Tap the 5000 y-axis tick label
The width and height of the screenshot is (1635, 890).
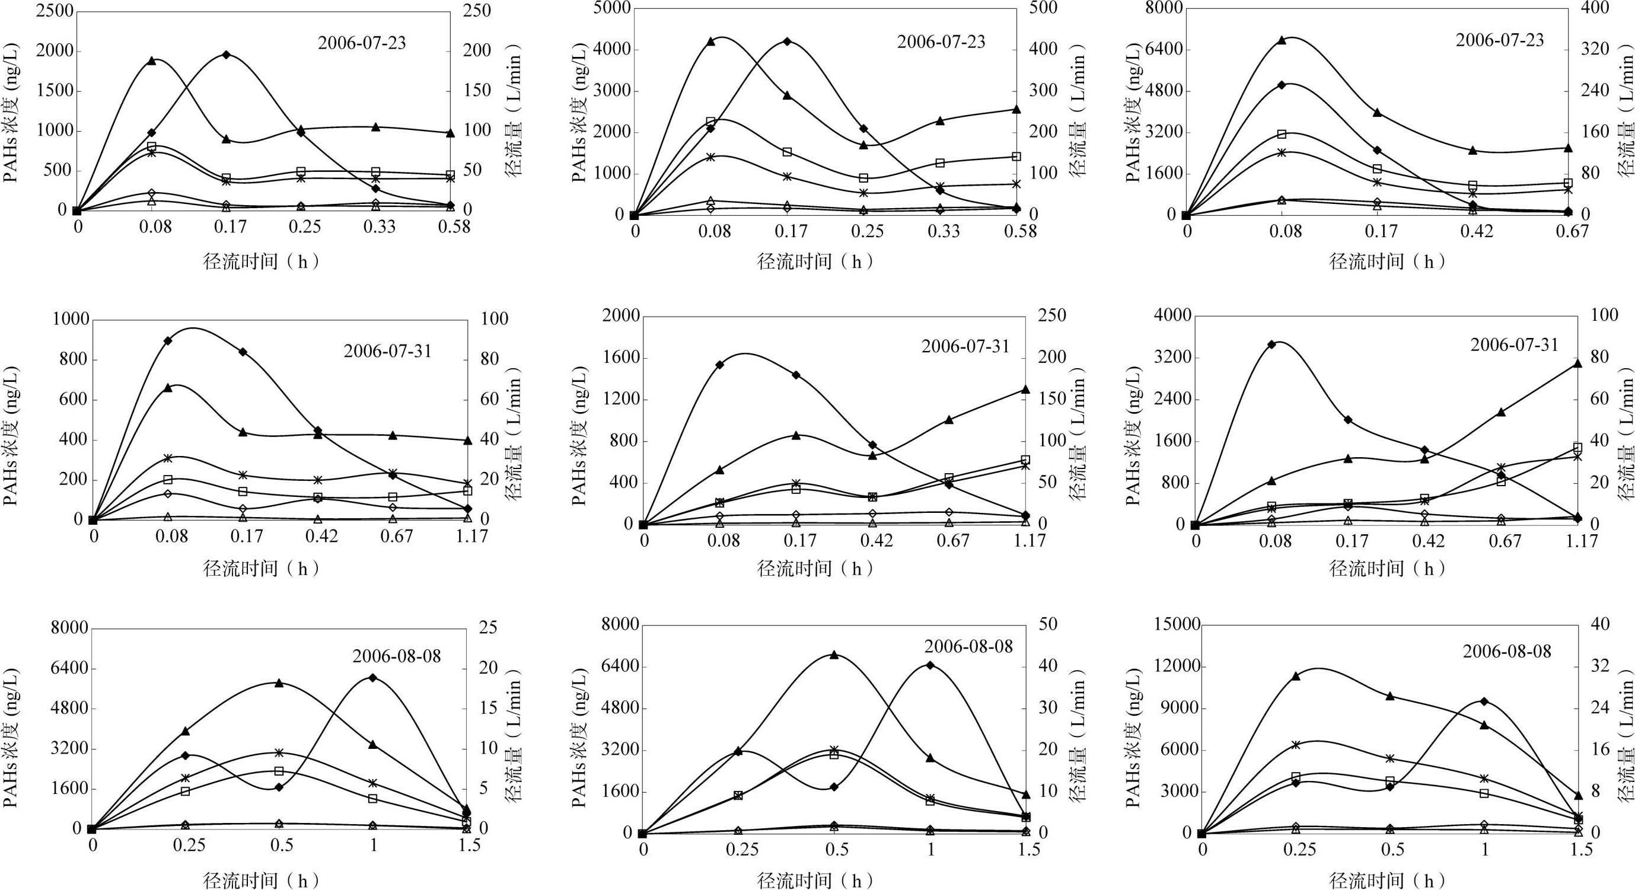[612, 8]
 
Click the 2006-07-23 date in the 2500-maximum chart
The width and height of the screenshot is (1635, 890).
[362, 43]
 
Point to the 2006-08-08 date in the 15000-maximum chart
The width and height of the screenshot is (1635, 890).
[1506, 651]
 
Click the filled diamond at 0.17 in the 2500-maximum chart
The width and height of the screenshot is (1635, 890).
[226, 55]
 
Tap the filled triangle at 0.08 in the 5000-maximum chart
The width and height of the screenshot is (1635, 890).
[711, 42]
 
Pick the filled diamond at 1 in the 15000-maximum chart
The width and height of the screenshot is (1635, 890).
[1484, 701]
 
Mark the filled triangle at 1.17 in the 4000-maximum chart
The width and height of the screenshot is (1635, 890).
[1578, 363]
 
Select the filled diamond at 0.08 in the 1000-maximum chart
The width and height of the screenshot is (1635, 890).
[168, 341]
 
